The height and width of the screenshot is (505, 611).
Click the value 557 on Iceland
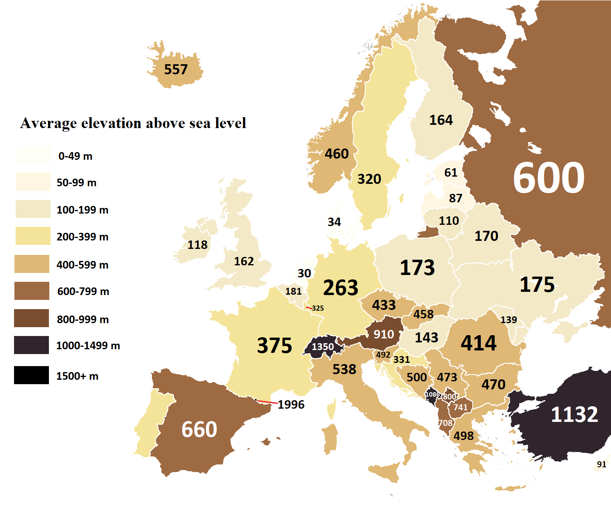(x=176, y=69)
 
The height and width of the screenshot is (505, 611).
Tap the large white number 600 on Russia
(x=548, y=178)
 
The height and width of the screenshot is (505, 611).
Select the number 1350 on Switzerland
(x=323, y=346)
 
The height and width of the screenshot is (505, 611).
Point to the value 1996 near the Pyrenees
(x=291, y=405)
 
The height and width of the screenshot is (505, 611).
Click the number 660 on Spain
(x=199, y=430)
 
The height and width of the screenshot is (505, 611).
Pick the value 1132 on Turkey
(x=574, y=415)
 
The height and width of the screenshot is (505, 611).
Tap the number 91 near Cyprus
(x=601, y=464)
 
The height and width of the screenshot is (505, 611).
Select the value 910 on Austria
(x=384, y=334)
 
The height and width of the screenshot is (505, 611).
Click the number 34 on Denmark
(x=334, y=222)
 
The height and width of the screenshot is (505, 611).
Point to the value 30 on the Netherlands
(x=304, y=273)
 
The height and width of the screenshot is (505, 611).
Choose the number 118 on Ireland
(x=198, y=245)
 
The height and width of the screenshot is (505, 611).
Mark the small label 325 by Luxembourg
(x=318, y=308)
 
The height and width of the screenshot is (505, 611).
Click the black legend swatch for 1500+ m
(x=31, y=375)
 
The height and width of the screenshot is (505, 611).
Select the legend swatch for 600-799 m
(x=32, y=291)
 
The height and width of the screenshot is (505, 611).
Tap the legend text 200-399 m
(x=82, y=237)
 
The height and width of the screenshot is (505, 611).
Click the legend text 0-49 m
(x=75, y=156)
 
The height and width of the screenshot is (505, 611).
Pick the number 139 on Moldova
(x=508, y=320)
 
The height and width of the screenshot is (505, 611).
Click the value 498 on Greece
(x=463, y=436)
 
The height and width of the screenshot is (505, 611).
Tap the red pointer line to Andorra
(x=267, y=401)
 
